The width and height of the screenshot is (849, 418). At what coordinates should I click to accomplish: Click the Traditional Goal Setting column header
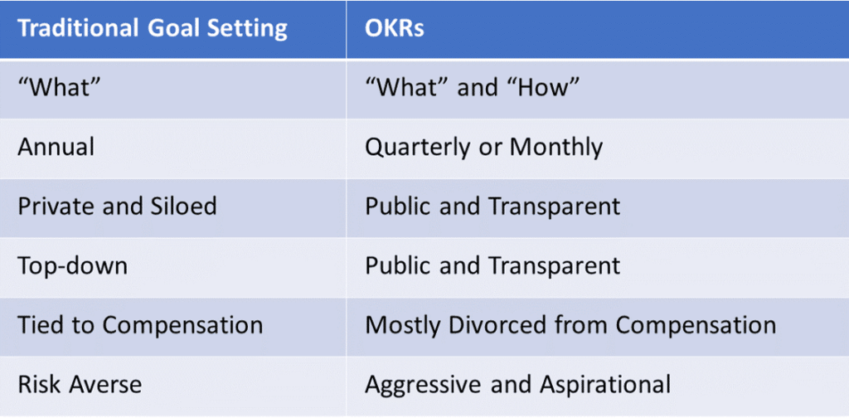click(x=153, y=28)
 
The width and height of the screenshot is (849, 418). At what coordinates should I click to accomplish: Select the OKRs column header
click(x=394, y=28)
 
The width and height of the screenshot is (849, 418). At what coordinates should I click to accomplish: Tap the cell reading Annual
click(x=56, y=148)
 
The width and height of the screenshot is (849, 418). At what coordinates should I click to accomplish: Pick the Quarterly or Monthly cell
click(x=483, y=148)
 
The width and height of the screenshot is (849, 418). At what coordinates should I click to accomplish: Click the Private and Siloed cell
click(x=117, y=207)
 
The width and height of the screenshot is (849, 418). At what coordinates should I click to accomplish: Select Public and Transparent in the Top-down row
click(x=492, y=265)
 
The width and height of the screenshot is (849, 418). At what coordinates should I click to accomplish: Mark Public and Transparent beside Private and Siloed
click(x=492, y=207)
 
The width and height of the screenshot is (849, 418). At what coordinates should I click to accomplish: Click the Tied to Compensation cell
click(x=140, y=324)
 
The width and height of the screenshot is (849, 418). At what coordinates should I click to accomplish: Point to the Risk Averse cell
click(x=80, y=384)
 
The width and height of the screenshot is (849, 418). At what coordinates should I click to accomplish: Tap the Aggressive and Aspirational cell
click(x=517, y=384)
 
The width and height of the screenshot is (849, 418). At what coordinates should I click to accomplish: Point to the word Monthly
click(x=556, y=148)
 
